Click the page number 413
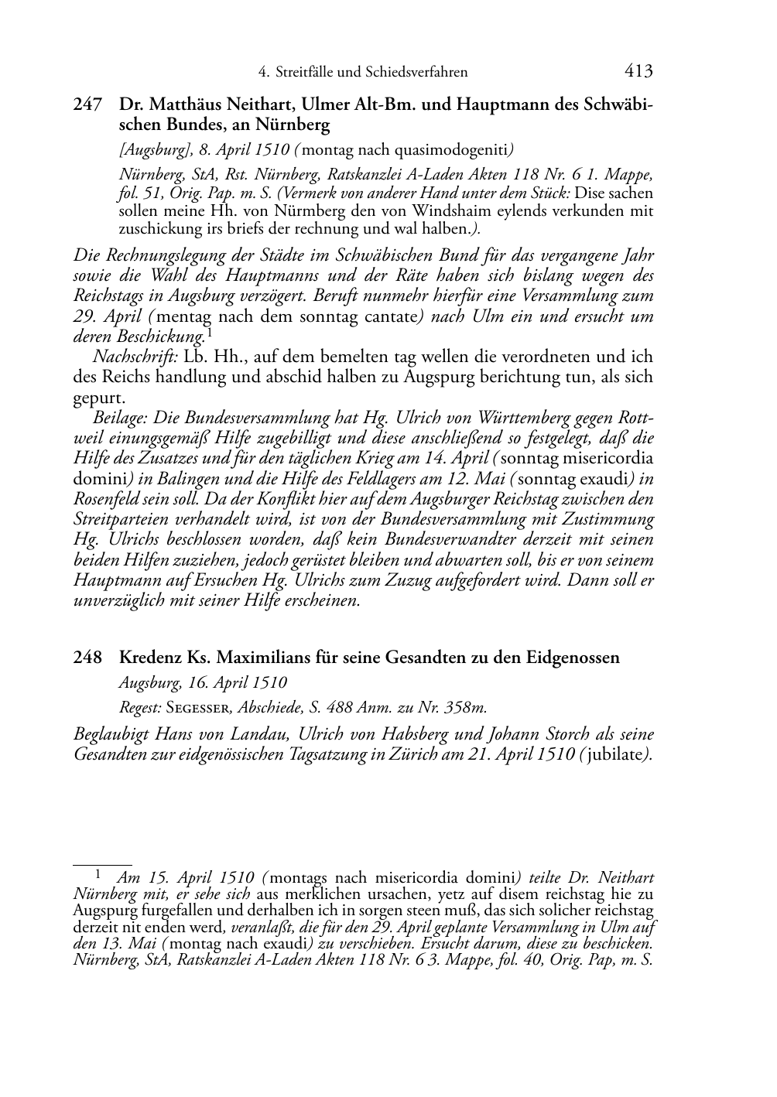pos(638,71)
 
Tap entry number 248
pos(87,658)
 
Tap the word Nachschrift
pos(127,357)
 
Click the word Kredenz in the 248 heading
pos(150,658)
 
